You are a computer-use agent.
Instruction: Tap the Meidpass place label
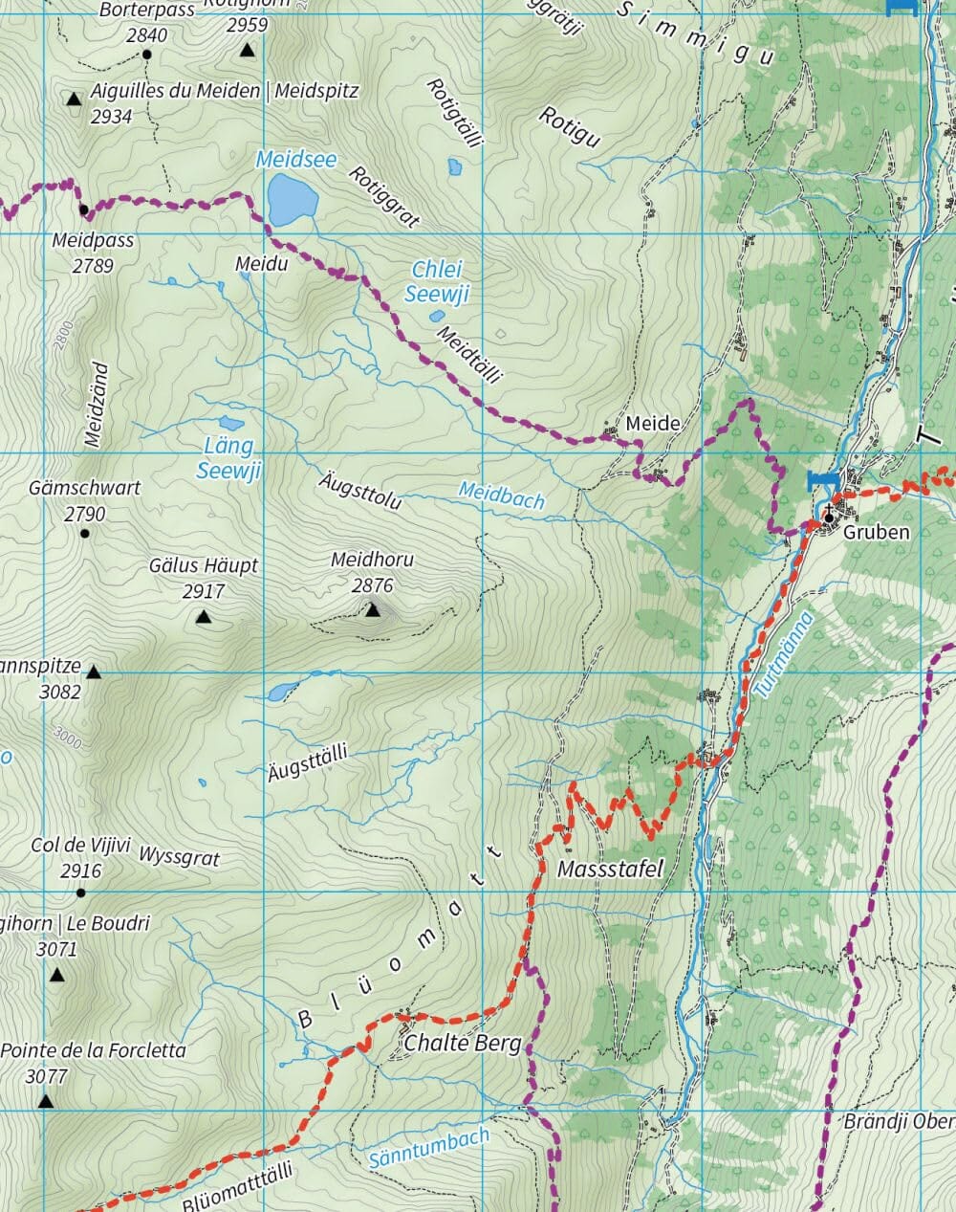(x=93, y=241)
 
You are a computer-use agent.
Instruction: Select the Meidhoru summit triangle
(x=373, y=609)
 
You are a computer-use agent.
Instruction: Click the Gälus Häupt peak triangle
(x=203, y=617)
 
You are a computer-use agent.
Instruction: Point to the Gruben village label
(x=876, y=532)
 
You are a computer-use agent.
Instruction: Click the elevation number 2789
(x=93, y=265)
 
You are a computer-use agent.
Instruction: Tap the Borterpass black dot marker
(x=147, y=55)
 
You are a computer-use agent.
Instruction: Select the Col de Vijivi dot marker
(x=81, y=892)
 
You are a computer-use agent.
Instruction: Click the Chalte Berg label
(x=463, y=1043)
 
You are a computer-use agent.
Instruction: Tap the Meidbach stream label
(x=501, y=495)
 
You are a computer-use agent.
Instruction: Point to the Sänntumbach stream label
(x=428, y=1148)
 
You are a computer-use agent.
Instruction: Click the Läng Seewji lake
(x=231, y=422)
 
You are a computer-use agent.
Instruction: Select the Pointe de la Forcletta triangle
(x=45, y=1102)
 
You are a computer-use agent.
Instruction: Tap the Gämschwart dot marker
(x=85, y=533)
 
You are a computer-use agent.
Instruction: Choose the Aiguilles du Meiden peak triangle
(x=74, y=99)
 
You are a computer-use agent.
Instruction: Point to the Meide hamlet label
(x=653, y=423)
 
